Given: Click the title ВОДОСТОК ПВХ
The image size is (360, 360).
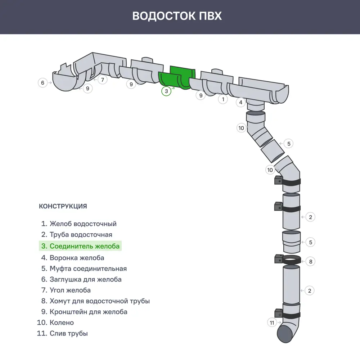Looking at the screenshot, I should coord(177,16).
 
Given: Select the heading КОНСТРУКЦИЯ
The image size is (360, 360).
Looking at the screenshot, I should coord(63,206).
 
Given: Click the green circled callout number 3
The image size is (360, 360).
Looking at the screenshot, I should coord(166,91).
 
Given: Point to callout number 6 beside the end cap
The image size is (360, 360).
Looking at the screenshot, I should coord(43,83).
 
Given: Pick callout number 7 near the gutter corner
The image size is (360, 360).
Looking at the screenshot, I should coord(103,80).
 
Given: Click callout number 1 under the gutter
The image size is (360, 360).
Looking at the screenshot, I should coord(223,99).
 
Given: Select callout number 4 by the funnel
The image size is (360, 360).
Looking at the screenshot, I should coord(241,103).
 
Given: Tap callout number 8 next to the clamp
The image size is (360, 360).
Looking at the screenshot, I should coord(311,261).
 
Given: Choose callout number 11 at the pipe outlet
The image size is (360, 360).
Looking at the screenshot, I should coord(272,323).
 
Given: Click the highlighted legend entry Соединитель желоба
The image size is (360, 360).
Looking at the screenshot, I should coord(80,246).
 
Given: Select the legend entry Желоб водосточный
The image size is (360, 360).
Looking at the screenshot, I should coord(79,224).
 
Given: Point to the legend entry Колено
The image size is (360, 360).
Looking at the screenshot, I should coord(57,323).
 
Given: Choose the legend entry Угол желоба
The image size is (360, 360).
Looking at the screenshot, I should coord(66,290).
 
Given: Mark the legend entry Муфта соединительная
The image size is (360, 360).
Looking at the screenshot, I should coord(84,269).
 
